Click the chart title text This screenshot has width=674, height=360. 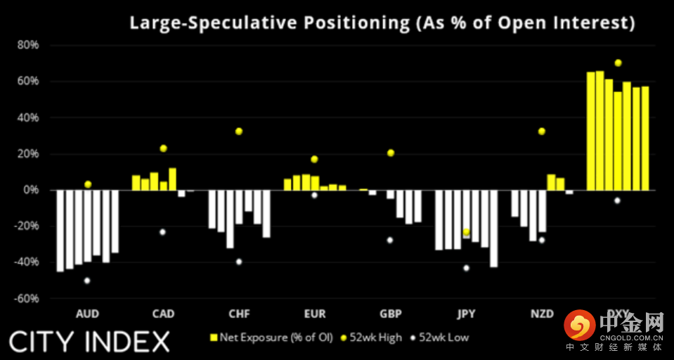382,22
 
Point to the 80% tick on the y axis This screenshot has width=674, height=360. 28,45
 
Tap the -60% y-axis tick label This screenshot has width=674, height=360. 27,298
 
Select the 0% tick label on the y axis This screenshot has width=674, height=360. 31,190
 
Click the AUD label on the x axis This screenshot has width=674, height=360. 87,314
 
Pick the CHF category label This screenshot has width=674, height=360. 238,314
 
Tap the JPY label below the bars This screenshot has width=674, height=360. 466,314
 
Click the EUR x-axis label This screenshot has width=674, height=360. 314,314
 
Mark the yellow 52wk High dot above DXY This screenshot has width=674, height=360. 618,63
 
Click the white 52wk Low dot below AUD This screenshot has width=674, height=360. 87,281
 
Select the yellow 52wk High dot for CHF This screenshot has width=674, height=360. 239,131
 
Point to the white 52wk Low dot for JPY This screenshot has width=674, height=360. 466,268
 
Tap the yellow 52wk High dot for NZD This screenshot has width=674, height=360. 541,131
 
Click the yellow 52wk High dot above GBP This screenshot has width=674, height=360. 391,153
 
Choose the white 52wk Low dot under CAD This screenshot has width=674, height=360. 162,232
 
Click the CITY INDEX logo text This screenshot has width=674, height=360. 89,342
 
